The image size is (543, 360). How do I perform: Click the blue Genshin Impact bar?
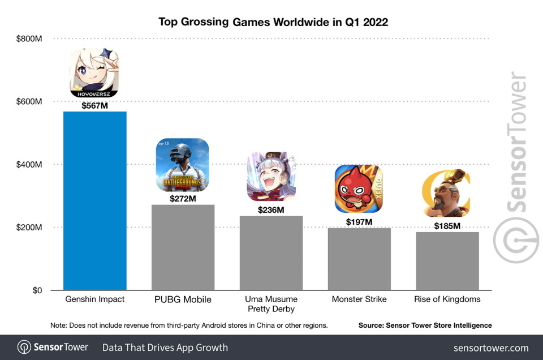tap(94, 201)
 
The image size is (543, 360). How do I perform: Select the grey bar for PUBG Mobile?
tap(183, 247)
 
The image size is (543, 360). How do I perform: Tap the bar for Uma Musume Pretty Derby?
tap(271, 253)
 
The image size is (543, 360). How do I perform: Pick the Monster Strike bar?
tap(359, 259)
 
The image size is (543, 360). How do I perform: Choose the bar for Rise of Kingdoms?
tap(447, 261)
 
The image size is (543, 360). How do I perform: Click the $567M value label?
tap(94, 106)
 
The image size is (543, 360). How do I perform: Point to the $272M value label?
tap(183, 199)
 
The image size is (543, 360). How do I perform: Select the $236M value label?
tap(271, 210)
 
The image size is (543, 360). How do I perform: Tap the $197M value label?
tap(359, 222)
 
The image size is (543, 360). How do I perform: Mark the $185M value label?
tap(447, 226)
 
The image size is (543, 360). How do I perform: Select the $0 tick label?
tap(37, 290)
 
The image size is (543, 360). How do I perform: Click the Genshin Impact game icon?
tap(94, 74)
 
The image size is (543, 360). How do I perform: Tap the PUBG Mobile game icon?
tap(182, 165)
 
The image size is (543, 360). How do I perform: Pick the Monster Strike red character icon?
tap(359, 189)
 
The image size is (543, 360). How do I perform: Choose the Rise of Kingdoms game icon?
tap(447, 193)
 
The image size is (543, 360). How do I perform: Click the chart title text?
tap(273, 22)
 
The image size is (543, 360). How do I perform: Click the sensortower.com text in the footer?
tap(491, 348)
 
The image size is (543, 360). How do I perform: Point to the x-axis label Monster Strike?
tap(359, 299)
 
